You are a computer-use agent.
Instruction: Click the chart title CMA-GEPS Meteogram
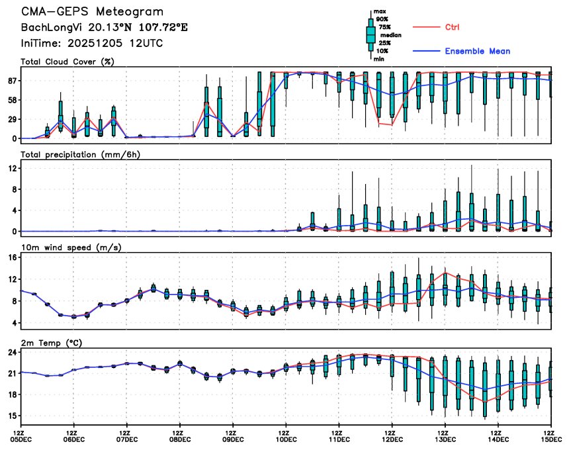[92, 13]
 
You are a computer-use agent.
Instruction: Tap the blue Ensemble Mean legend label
[477, 51]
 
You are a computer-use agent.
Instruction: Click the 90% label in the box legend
[381, 19]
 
